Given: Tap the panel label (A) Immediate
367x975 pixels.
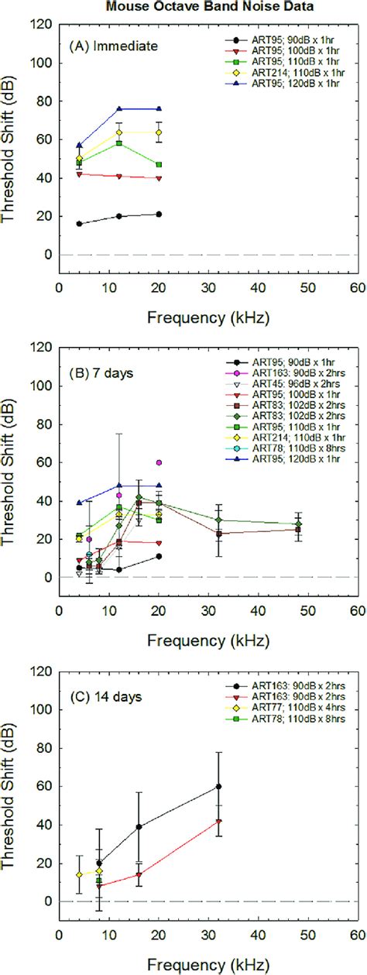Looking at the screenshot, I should (114, 46).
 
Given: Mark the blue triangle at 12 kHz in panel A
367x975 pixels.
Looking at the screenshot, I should (119, 108).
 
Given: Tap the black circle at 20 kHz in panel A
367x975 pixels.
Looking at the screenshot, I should (159, 214).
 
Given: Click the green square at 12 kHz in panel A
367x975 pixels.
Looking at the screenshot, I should (119, 143).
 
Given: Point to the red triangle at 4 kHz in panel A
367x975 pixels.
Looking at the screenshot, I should (80, 174).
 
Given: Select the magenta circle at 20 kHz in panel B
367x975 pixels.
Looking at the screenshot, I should (159, 462).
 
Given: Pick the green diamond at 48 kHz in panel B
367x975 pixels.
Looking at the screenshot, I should (298, 524).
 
